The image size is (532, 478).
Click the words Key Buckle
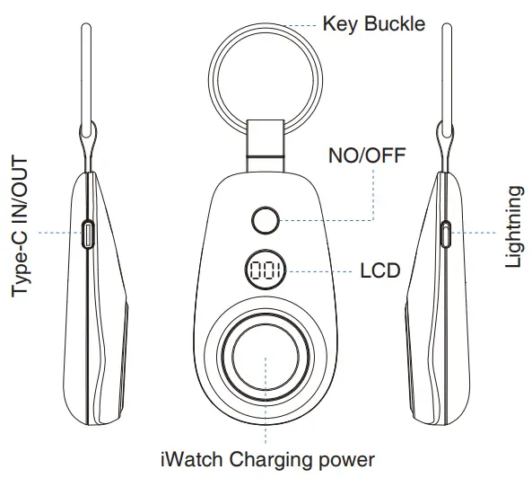pyautogui.click(x=373, y=24)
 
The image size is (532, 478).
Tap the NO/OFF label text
pyautogui.click(x=367, y=155)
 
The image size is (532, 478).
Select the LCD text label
pyautogui.click(x=380, y=271)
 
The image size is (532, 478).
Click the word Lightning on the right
pyautogui.click(x=512, y=227)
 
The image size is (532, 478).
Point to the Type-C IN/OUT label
pyautogui.click(x=20, y=226)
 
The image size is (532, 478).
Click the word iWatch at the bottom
pyautogui.click(x=192, y=459)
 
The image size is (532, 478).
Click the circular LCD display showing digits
pyautogui.click(x=266, y=270)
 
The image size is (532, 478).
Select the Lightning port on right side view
pyautogui.click(x=446, y=234)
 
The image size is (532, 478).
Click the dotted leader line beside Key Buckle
pyautogui.click(x=301, y=25)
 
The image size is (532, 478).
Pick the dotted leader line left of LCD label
pyautogui.click(x=318, y=271)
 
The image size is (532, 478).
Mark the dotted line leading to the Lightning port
pyautogui.click(x=474, y=233)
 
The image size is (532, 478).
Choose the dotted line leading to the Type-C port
pyautogui.click(x=60, y=233)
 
